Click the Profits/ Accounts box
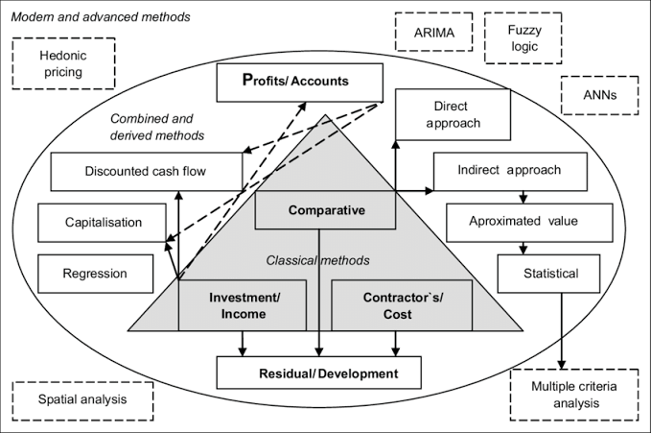(294, 83)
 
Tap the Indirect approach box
(510, 171)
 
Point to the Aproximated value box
(523, 221)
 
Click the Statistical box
(550, 274)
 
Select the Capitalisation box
(103, 223)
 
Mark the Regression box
(95, 274)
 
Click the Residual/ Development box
(319, 372)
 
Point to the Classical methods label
(317, 259)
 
